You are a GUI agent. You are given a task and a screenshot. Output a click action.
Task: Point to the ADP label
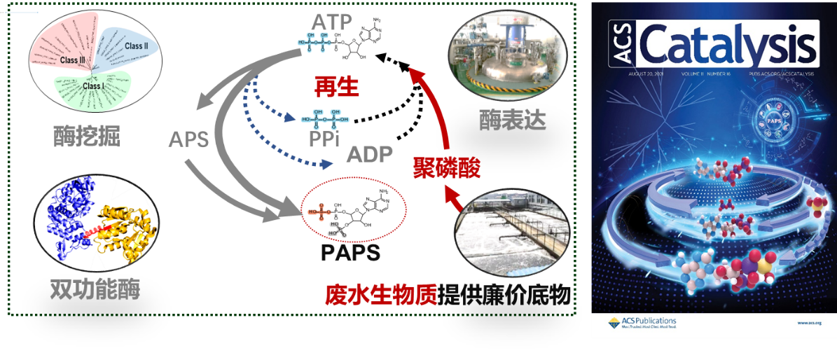(x=370, y=154)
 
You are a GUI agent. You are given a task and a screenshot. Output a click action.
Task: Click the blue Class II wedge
(x=130, y=49)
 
